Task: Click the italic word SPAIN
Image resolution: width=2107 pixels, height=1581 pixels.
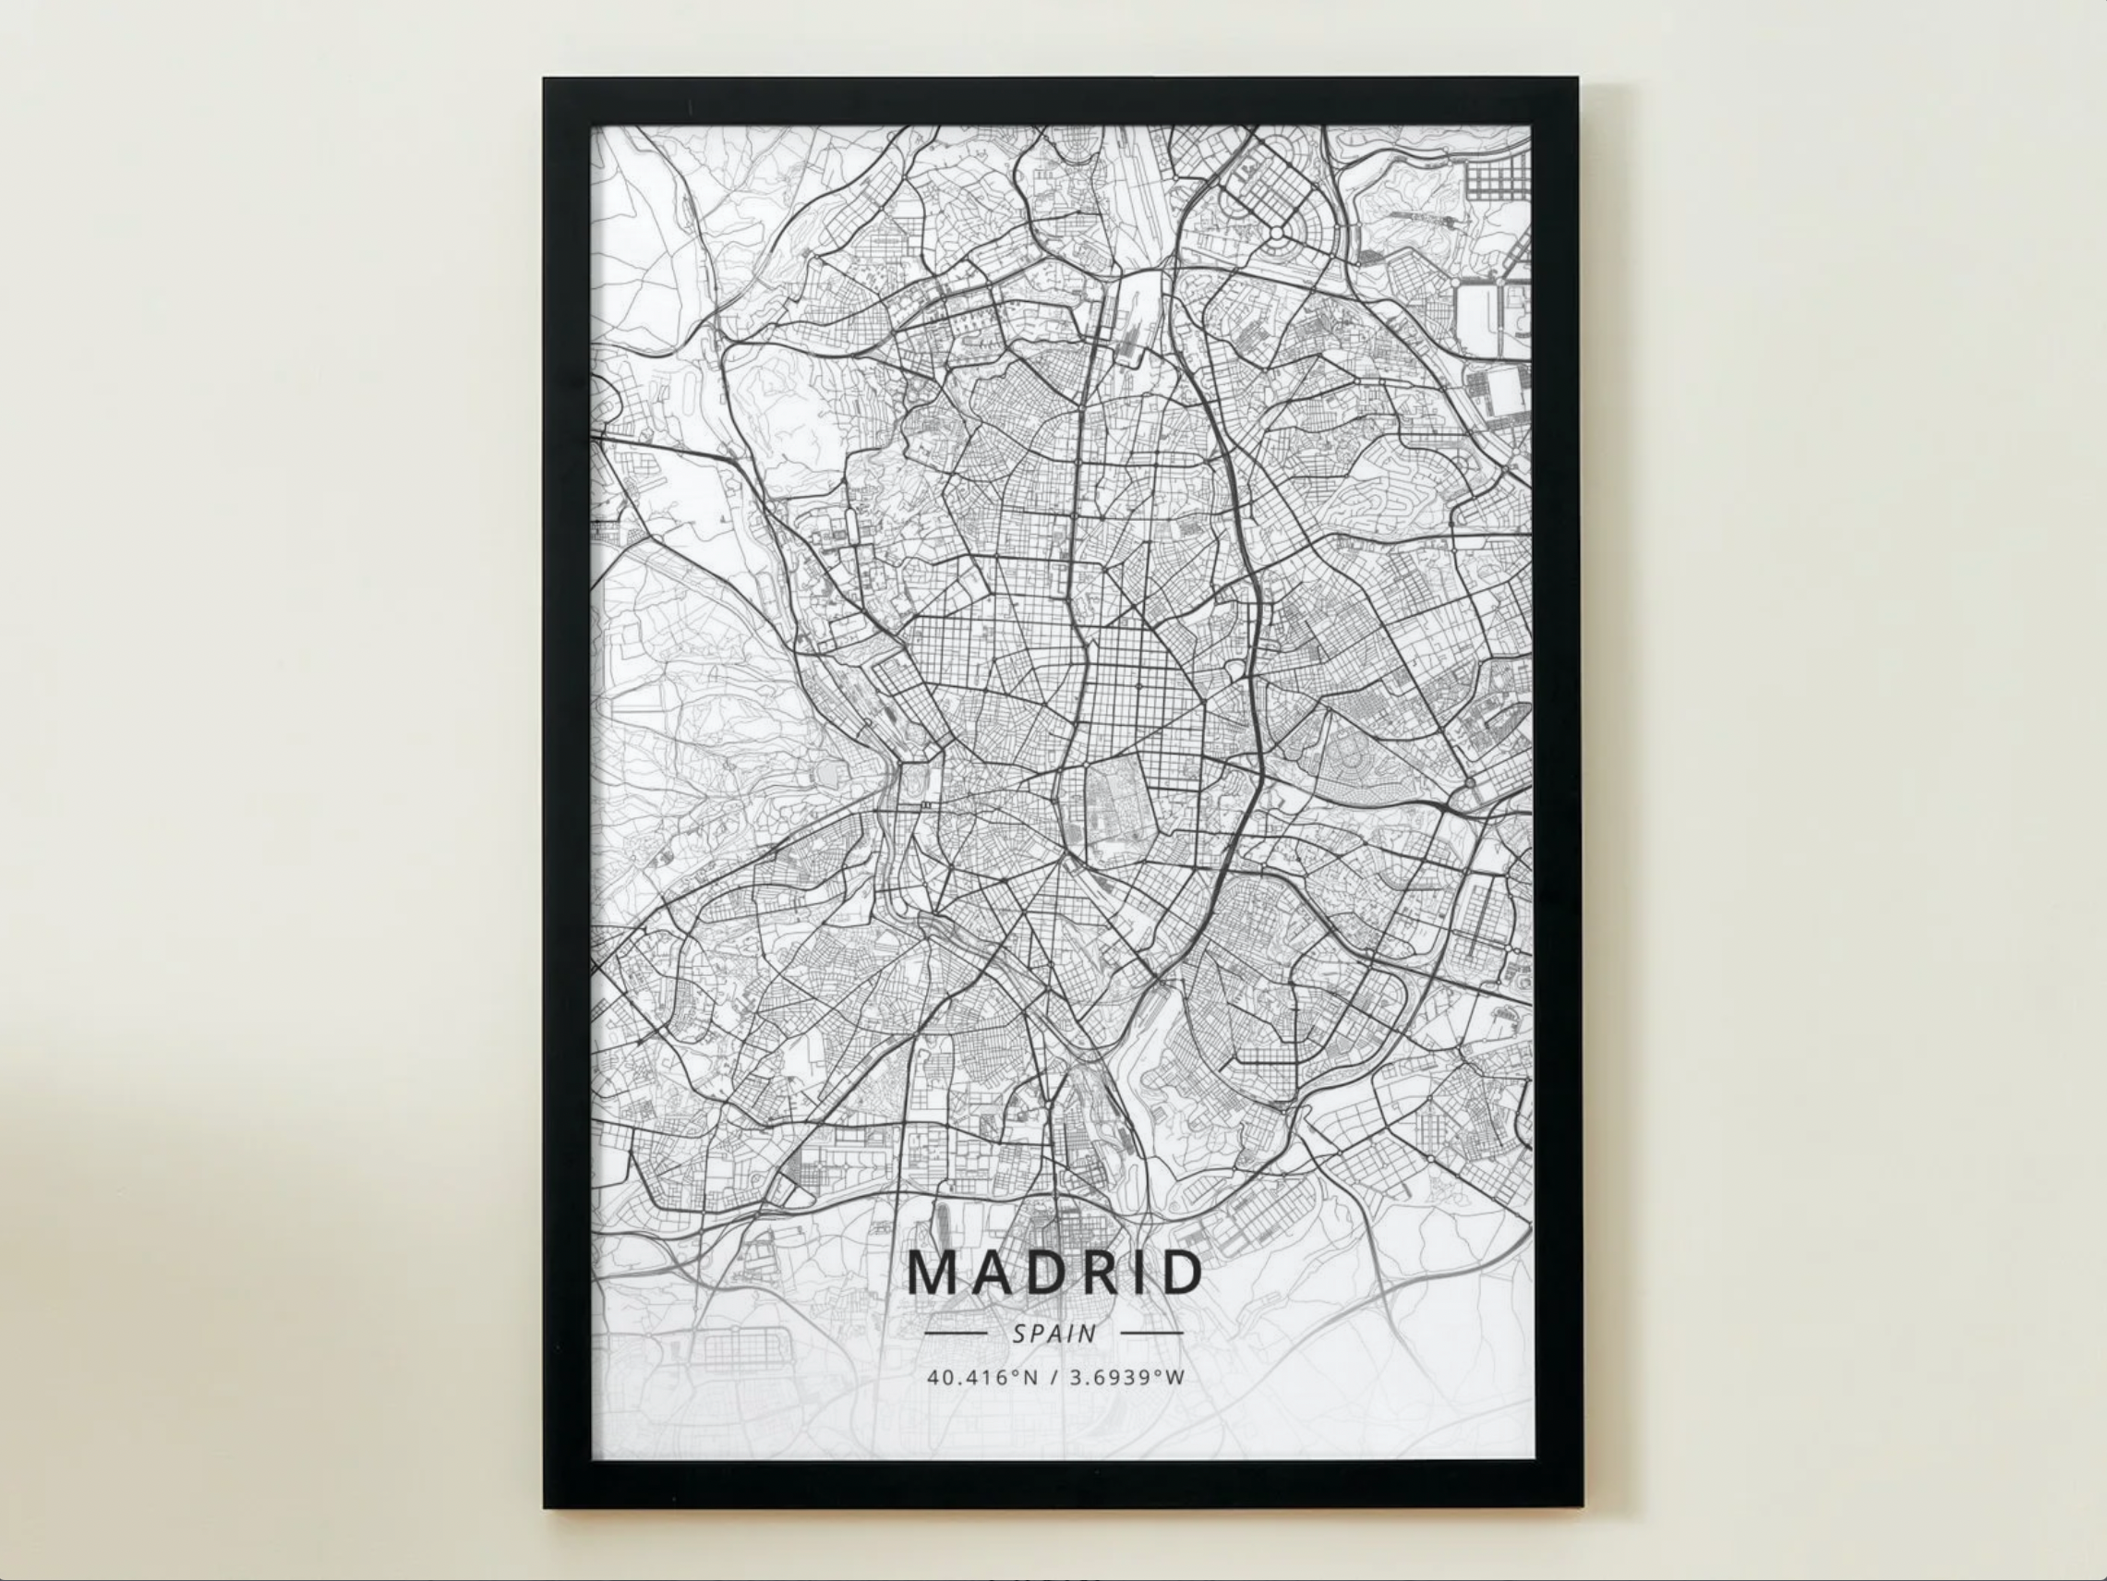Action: pos(1054,1334)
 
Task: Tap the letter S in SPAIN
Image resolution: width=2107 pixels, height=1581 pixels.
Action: pos(1019,1334)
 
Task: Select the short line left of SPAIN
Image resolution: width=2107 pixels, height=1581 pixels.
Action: pos(956,1333)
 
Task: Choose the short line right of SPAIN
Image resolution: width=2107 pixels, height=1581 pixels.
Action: pos(1152,1333)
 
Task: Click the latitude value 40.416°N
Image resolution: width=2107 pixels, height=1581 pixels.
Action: pos(982,1377)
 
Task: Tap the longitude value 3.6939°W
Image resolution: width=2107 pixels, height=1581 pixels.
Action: pos(1126,1377)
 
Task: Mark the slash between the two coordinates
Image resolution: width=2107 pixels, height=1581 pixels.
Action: pos(1054,1377)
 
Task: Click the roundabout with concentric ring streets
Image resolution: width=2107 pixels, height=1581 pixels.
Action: pos(1275,233)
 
